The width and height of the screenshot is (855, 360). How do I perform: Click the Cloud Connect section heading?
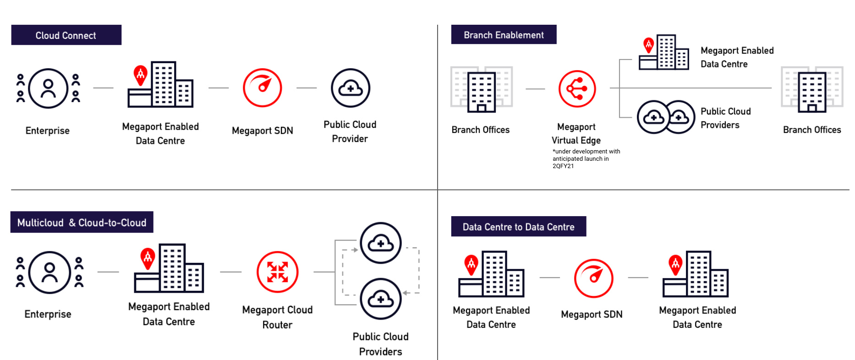[x=66, y=35]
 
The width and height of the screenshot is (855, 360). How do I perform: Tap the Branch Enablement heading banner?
[x=504, y=35]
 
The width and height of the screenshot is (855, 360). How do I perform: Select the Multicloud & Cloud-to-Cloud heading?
[x=82, y=223]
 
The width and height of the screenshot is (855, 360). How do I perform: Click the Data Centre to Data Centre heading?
[x=518, y=227]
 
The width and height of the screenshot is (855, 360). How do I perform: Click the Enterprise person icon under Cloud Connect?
[x=48, y=88]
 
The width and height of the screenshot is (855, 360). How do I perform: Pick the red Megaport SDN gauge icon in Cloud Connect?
[x=262, y=88]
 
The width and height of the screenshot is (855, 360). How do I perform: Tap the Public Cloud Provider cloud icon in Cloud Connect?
[x=350, y=88]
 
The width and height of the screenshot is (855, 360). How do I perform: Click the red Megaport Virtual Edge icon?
[x=577, y=89]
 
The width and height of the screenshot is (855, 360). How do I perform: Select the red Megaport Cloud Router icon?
[x=277, y=272]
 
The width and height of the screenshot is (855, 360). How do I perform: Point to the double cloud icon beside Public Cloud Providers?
[x=666, y=117]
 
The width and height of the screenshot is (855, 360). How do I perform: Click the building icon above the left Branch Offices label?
[x=481, y=90]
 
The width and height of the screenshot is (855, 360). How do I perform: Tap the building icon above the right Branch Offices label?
[x=812, y=90]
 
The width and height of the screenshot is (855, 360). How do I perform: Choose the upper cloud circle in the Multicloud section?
[x=380, y=243]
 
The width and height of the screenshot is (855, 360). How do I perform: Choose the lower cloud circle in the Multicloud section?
[x=380, y=299]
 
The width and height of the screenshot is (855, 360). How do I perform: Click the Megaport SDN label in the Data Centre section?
[x=592, y=314]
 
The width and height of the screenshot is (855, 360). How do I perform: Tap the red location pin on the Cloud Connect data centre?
[x=140, y=75]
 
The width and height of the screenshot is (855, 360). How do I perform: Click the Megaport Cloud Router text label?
[x=277, y=317]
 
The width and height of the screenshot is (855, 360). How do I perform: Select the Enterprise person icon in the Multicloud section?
[x=49, y=273]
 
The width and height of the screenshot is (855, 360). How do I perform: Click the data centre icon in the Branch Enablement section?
[x=664, y=53]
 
